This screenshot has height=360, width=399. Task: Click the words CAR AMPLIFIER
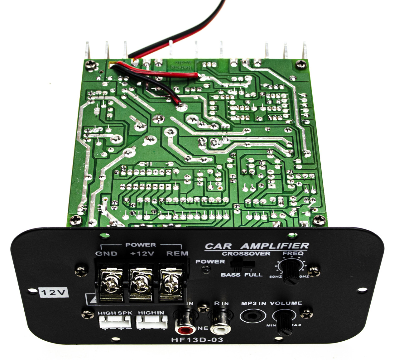coord(257,246)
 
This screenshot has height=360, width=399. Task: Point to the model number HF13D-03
coord(197,339)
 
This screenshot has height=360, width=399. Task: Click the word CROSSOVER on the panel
coord(246,253)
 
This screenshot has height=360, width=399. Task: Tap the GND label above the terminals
coord(106,253)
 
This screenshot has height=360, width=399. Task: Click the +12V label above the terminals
coord(142,253)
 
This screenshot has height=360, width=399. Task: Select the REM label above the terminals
coord(177,253)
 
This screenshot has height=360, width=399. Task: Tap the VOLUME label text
coord(286,303)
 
